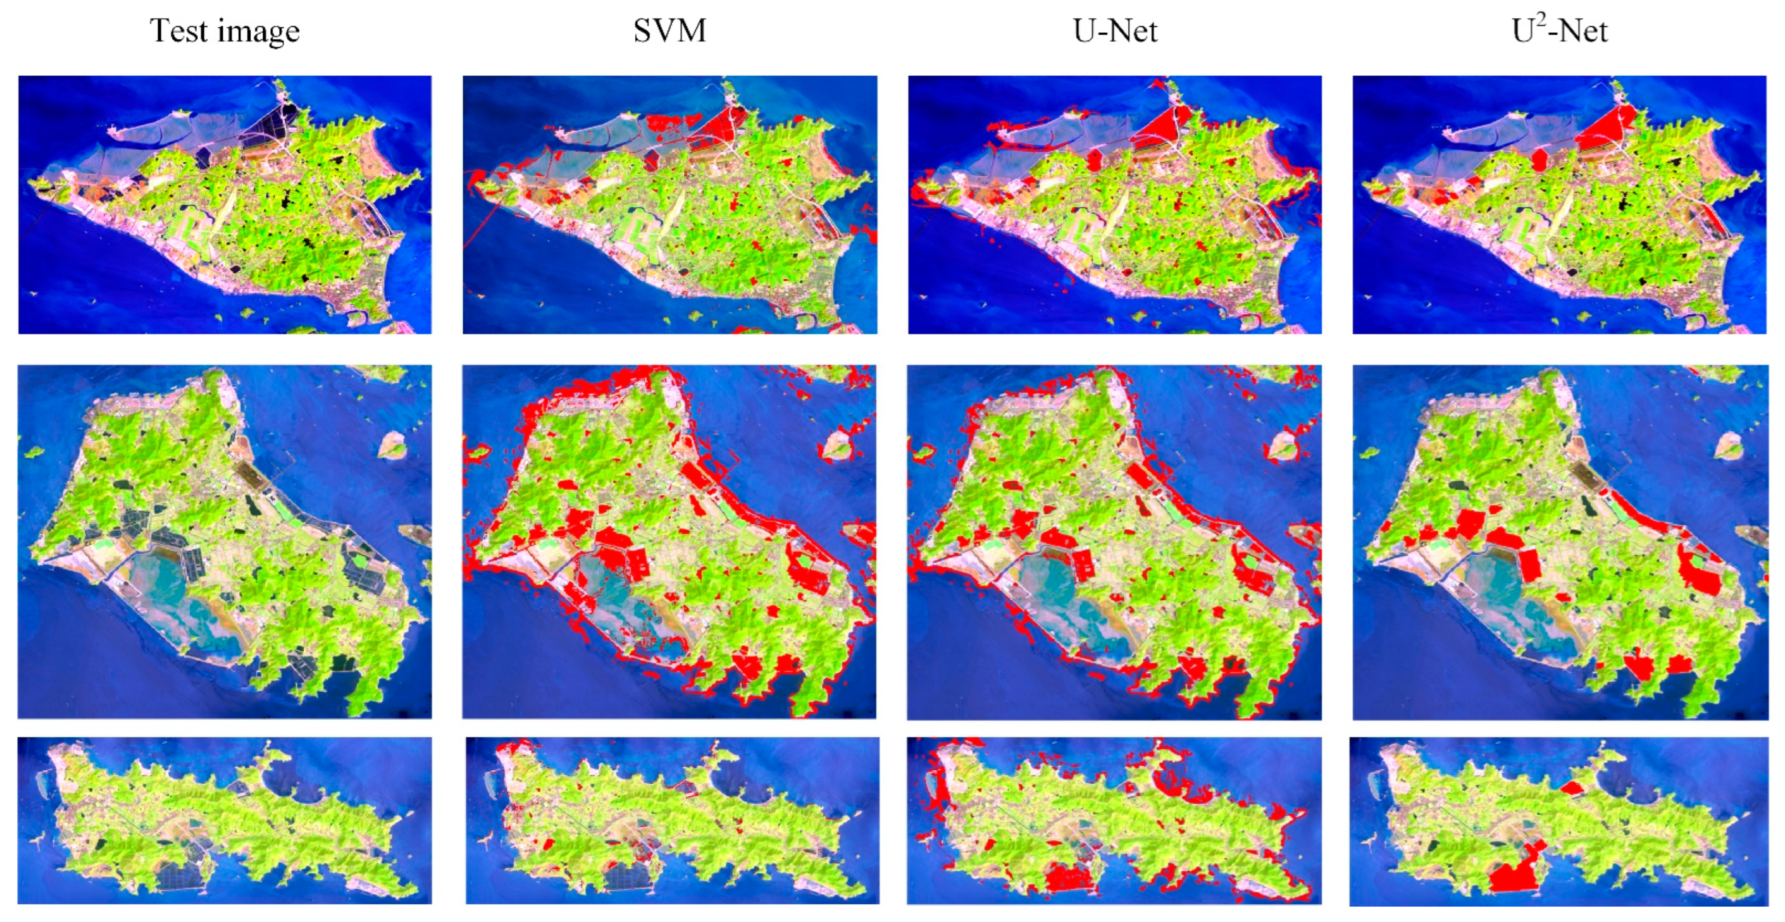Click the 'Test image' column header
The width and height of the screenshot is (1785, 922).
click(x=225, y=31)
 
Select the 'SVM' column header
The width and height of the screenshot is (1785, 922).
click(x=669, y=31)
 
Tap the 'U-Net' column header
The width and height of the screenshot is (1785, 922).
click(x=1114, y=31)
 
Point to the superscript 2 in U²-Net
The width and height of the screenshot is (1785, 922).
click(x=1542, y=21)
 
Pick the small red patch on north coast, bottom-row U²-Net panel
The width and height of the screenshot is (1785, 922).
click(x=1573, y=787)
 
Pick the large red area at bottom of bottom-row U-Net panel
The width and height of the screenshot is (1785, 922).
click(x=1071, y=876)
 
